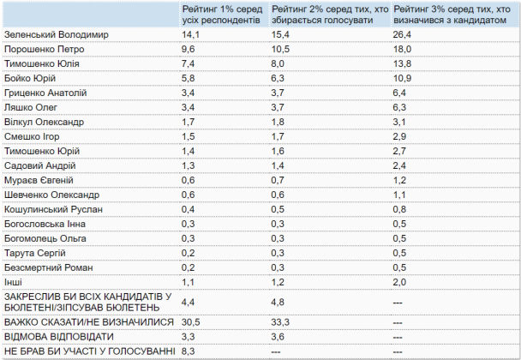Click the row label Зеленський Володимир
[57, 34]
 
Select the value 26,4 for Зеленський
[402, 34]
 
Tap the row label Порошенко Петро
[45, 49]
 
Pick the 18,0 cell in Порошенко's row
[402, 49]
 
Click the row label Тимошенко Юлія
[42, 63]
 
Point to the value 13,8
[402, 63]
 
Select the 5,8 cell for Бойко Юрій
[188, 79]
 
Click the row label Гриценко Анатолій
[45, 93]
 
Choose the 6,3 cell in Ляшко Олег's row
[399, 107]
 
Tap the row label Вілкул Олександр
[44, 122]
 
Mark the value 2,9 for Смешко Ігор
[399, 136]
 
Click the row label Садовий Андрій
[40, 165]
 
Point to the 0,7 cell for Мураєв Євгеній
[278, 180]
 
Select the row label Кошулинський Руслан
[53, 209]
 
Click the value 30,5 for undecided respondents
[191, 322]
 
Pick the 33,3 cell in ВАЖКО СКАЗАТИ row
[280, 322]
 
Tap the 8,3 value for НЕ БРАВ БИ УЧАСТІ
[188, 351]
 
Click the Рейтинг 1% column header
[222, 15]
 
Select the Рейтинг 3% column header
[452, 15]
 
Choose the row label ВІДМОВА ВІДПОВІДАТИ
[59, 337]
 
